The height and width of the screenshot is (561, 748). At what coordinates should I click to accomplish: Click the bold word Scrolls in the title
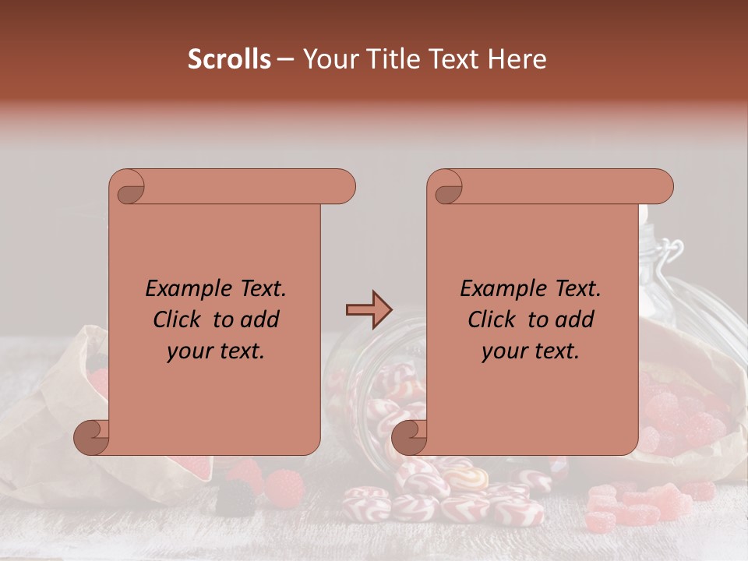(x=229, y=59)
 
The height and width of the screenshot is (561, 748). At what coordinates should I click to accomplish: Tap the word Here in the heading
(x=517, y=59)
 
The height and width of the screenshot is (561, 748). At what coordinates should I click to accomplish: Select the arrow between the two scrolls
(x=369, y=310)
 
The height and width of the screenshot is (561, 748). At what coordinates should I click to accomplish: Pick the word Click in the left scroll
(x=177, y=320)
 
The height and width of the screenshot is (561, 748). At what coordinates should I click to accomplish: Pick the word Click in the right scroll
(x=492, y=320)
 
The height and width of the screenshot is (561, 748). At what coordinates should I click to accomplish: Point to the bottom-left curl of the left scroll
(x=91, y=438)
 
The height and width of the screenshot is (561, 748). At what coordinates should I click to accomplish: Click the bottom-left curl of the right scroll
(x=409, y=438)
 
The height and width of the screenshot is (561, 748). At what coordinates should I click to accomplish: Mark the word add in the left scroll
(x=259, y=320)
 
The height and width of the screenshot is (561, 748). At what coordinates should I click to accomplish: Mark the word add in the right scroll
(x=574, y=320)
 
